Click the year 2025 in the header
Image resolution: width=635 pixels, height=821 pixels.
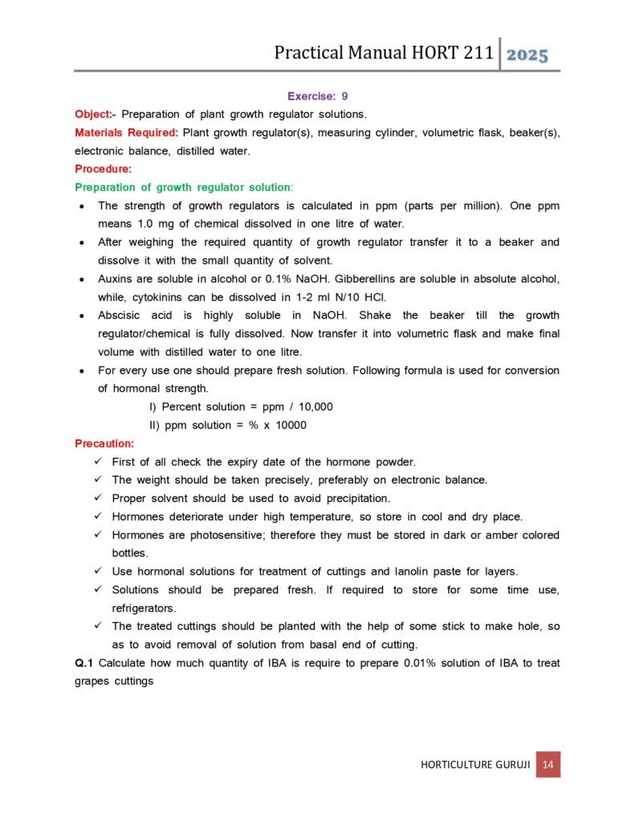pyautogui.click(x=527, y=55)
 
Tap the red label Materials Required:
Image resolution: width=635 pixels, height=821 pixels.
pyautogui.click(x=126, y=132)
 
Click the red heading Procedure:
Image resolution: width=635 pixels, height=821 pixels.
pyautogui.click(x=103, y=168)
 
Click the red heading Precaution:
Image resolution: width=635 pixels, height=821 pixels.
pyautogui.click(x=104, y=443)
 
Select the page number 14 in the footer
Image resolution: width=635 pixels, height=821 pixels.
pyautogui.click(x=548, y=764)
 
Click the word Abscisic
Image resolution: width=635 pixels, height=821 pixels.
pyautogui.click(x=120, y=315)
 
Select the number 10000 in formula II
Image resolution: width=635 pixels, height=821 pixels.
pyautogui.click(x=287, y=425)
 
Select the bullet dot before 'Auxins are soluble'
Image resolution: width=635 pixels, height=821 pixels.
pyautogui.click(x=83, y=279)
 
